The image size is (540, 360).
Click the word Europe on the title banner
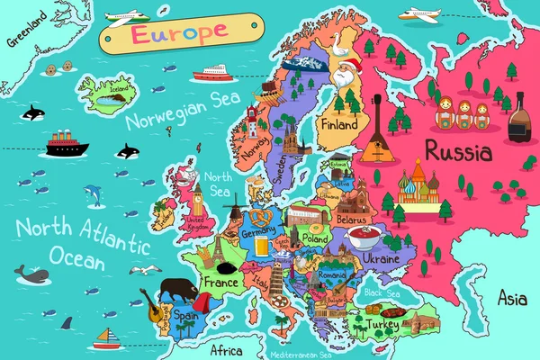[x=169, y=33]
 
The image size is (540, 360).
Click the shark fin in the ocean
[x=65, y=322]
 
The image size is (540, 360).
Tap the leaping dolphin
[x=93, y=194]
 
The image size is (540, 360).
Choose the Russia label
[x=458, y=149]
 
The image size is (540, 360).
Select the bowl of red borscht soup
[x=365, y=238]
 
